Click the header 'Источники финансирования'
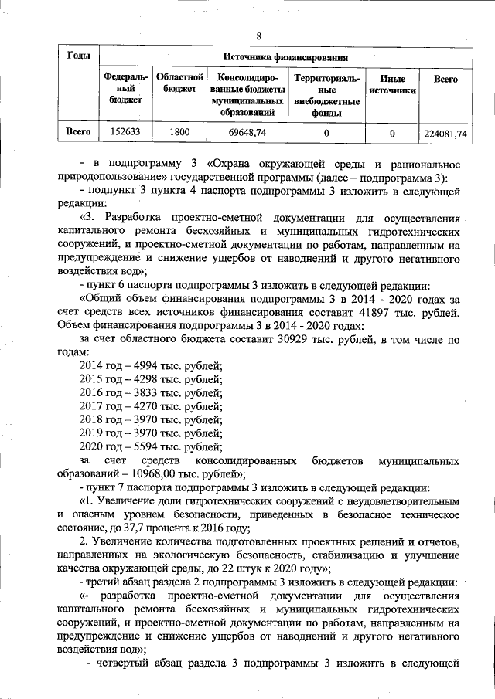[x=285, y=57]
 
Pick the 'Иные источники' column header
[x=392, y=85]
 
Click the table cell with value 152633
[x=125, y=133]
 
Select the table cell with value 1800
[x=179, y=133]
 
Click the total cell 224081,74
[x=446, y=133]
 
